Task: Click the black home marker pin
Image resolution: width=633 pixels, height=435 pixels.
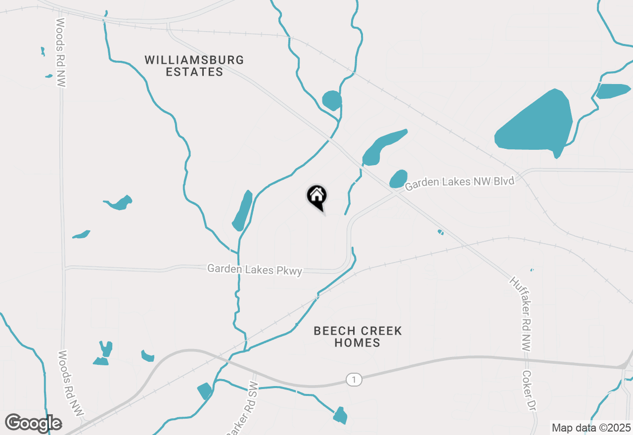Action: [x=316, y=196]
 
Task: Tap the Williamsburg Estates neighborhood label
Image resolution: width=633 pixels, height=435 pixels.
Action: [x=194, y=66]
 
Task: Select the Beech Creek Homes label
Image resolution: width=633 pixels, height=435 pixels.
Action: [x=358, y=337]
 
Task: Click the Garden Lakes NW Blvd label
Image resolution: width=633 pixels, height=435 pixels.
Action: [x=460, y=183]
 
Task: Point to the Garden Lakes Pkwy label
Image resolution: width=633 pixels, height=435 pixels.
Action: [x=255, y=270]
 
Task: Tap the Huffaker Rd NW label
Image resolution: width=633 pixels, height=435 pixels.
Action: [x=520, y=314]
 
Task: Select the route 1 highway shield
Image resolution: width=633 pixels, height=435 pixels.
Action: [x=354, y=380]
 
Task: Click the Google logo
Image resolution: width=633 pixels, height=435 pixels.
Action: [x=34, y=423]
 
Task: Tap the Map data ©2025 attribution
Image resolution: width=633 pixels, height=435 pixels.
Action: [x=591, y=428]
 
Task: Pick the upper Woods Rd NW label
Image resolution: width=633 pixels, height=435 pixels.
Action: [x=61, y=53]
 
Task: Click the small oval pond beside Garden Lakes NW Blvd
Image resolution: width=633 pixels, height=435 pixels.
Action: [x=399, y=179]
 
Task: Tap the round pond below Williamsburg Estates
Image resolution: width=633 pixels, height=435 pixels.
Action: [x=332, y=100]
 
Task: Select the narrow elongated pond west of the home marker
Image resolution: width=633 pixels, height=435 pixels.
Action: [x=243, y=210]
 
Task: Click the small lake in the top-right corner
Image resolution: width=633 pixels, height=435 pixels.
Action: [x=613, y=91]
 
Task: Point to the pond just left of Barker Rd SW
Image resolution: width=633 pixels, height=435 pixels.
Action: [x=205, y=391]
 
